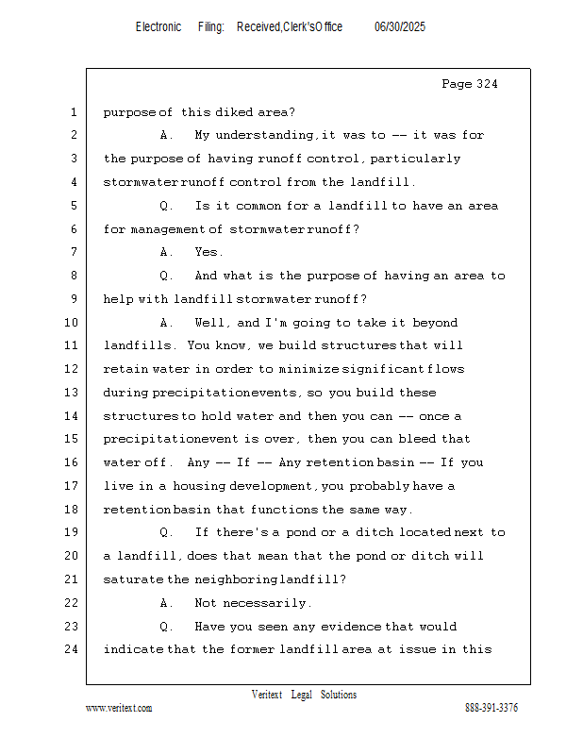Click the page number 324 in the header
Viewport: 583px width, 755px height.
tap(483, 85)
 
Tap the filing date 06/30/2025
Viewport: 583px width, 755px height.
tap(400, 27)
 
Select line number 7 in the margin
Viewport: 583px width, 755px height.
tap(73, 253)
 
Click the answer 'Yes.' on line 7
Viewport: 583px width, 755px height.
tap(208, 253)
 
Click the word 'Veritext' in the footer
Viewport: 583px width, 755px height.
tap(267, 695)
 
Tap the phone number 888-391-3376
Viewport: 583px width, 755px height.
tap(491, 708)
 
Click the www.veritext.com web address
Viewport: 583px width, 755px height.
tap(119, 708)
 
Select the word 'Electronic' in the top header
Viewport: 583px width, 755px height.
tap(158, 27)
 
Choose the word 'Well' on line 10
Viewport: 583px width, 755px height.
tap(211, 323)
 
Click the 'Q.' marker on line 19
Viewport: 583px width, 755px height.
tap(166, 532)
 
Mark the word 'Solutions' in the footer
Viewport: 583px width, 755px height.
tap(339, 695)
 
